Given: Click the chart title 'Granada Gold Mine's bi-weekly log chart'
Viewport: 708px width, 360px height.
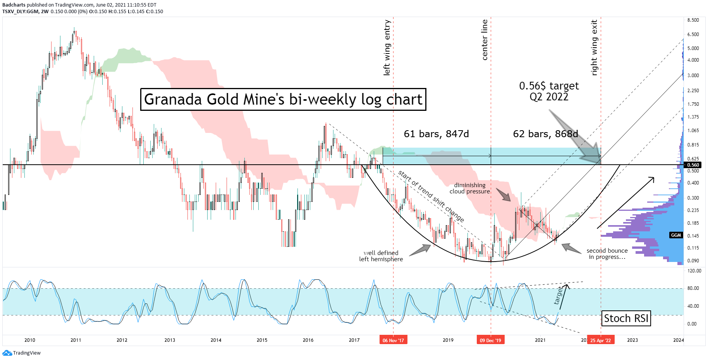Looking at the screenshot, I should point(283,100).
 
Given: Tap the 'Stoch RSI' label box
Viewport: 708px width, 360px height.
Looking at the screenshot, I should point(626,319).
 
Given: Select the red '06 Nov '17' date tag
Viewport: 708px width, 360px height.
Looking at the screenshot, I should point(393,340).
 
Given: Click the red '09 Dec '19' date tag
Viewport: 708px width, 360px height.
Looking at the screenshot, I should point(490,340).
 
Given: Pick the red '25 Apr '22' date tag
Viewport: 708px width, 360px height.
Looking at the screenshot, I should point(600,340).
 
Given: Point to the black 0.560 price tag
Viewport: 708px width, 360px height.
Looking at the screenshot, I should point(693,165).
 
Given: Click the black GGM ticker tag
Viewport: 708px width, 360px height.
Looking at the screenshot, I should point(676,235).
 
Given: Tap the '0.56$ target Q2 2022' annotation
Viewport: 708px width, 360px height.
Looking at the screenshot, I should point(549,91).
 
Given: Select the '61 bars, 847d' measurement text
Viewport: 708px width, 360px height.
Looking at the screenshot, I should point(436,134).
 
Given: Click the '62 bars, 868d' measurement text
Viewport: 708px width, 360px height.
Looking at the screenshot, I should point(545,134).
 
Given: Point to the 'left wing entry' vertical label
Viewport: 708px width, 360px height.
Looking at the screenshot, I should point(387,48).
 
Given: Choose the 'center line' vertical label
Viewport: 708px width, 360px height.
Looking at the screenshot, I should point(485,40).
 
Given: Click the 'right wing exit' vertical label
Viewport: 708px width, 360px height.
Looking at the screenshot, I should point(595,48).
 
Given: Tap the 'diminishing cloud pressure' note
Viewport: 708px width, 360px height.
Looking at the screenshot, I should point(469,188).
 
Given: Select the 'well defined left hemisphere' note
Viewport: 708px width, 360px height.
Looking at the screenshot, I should point(381,256).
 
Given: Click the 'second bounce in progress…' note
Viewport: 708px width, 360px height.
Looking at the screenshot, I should point(607,254).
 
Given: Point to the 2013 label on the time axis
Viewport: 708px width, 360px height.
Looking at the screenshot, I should point(170,340).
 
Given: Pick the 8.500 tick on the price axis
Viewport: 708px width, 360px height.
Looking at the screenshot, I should point(693,20).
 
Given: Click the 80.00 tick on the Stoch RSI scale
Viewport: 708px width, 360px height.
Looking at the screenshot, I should point(693,288).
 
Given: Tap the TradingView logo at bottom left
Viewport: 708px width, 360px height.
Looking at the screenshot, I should point(22,353).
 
